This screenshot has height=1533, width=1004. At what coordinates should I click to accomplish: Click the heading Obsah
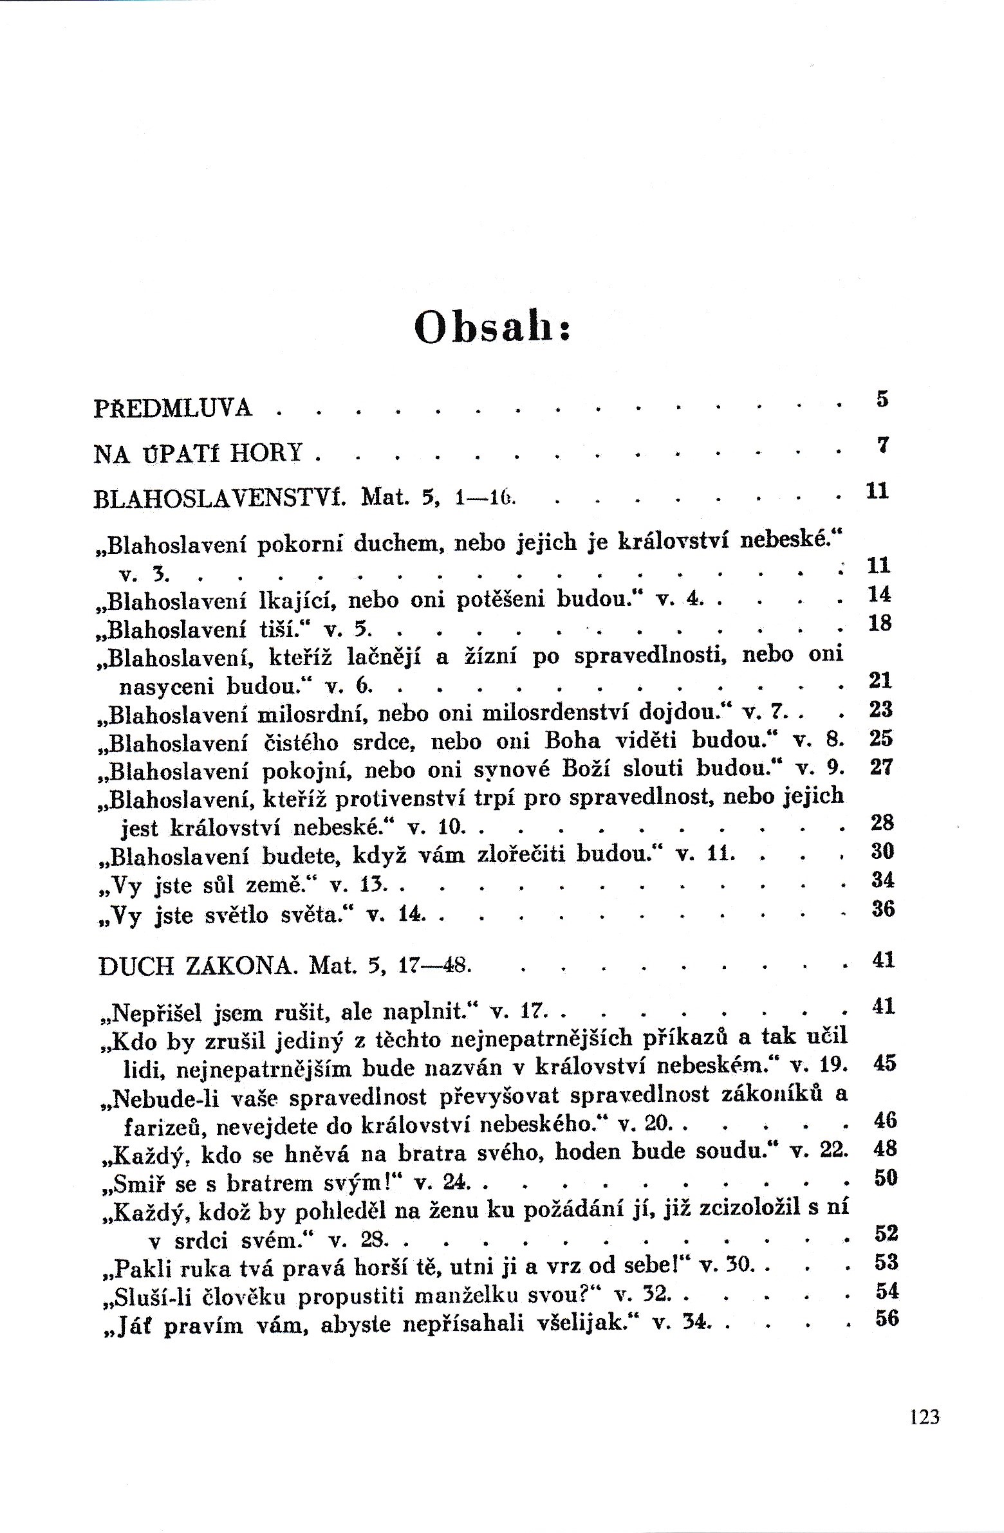pos(492,327)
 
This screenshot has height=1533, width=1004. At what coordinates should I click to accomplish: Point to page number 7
pos(883,445)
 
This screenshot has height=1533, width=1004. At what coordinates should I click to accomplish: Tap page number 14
pos(879,594)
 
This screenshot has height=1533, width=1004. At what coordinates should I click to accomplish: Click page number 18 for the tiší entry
pos(880,623)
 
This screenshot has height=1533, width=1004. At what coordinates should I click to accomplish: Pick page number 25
pos(880,737)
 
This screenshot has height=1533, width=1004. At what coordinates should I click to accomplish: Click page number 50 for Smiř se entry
pos(886,1177)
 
